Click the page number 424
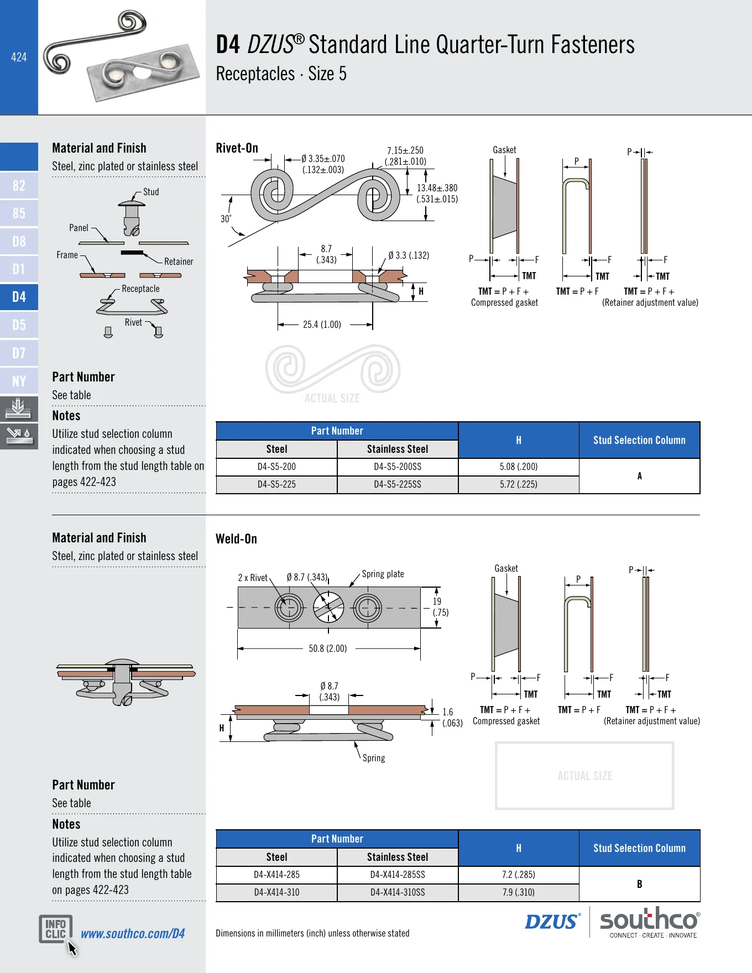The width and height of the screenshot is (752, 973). [19, 57]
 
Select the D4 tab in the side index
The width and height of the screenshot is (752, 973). [19, 297]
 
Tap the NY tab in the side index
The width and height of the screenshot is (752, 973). [19, 381]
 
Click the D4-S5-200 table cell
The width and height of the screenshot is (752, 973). [276, 467]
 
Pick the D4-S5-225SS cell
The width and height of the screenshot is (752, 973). [398, 484]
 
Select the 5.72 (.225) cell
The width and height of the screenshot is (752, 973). [519, 484]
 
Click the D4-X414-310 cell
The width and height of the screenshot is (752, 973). [276, 892]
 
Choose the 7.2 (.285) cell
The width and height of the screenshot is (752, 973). [519, 875]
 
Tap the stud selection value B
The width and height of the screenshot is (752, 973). [640, 884]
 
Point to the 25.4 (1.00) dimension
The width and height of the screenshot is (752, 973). [322, 325]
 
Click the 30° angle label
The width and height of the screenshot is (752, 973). [226, 219]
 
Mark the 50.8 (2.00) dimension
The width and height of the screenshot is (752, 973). [328, 648]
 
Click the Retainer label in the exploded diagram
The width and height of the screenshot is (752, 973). [179, 261]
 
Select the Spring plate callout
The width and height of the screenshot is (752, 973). [383, 574]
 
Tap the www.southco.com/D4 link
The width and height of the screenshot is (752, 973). [133, 934]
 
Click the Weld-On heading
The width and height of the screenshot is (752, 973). [236, 539]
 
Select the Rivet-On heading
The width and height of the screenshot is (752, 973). [237, 148]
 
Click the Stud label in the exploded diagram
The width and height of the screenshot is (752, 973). [151, 192]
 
